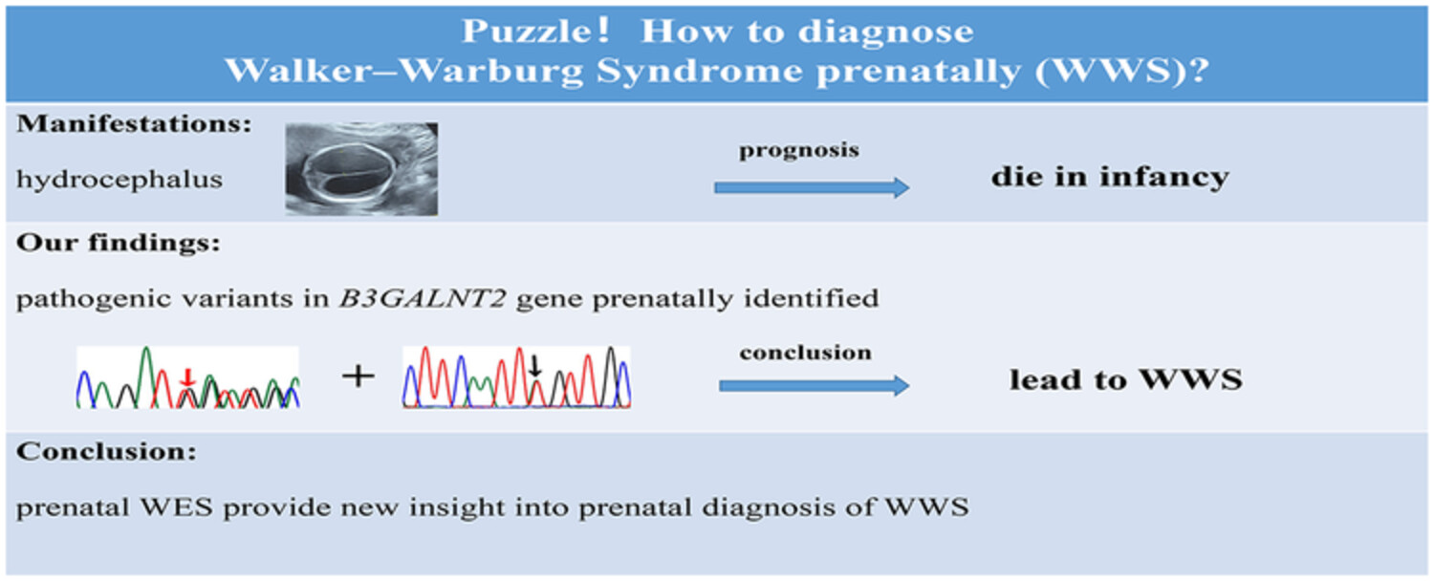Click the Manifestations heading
coord(135,123)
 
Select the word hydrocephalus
coord(119,180)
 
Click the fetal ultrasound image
coord(361,169)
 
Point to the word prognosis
coord(799,151)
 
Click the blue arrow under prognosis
coord(812,187)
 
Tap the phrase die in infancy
coord(1110,177)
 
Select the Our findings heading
coord(119,243)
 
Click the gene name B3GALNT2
coord(423,298)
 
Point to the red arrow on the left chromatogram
coord(187,377)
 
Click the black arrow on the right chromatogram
coord(535,366)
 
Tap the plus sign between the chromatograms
coord(358,376)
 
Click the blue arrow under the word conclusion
coord(815,385)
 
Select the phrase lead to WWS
coord(1126,379)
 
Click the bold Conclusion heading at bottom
coord(106,452)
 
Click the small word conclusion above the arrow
coord(805,353)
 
